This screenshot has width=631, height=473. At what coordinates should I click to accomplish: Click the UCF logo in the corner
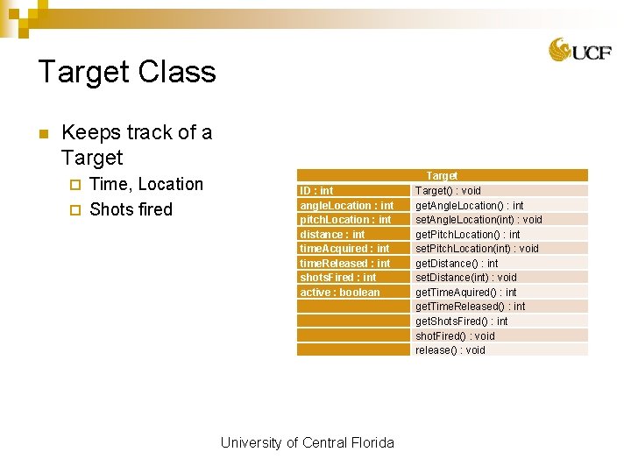pos(579,50)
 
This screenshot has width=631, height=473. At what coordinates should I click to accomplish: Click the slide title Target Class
pos(127,72)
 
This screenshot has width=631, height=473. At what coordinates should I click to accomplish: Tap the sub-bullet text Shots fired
pos(131,209)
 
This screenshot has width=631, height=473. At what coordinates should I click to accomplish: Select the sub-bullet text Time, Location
pos(146,184)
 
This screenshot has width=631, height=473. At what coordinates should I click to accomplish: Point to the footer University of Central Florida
pos(307,442)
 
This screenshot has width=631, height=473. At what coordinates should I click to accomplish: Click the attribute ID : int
pos(316,190)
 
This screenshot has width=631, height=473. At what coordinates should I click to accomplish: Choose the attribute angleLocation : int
pos(346,205)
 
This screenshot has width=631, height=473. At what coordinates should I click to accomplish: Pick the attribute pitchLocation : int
pos(345,220)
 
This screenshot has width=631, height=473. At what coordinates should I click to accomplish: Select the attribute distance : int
pos(332,234)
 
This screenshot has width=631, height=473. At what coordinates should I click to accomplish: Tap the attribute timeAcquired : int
pos(344,249)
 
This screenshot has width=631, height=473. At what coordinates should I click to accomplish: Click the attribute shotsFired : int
pos(337,278)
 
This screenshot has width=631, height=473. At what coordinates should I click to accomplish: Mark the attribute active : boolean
pos(340,293)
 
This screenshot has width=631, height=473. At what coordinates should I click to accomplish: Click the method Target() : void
pos(448,190)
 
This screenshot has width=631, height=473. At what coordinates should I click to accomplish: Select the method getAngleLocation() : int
pos(469,205)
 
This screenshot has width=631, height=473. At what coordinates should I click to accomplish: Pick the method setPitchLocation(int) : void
pos(477,249)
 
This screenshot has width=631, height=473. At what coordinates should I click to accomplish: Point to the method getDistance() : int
pos(457,263)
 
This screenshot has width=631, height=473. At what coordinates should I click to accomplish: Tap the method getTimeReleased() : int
pos(470,307)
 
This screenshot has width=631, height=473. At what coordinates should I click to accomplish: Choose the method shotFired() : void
pos(455,335)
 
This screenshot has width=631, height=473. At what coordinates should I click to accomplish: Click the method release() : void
pos(450,350)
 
